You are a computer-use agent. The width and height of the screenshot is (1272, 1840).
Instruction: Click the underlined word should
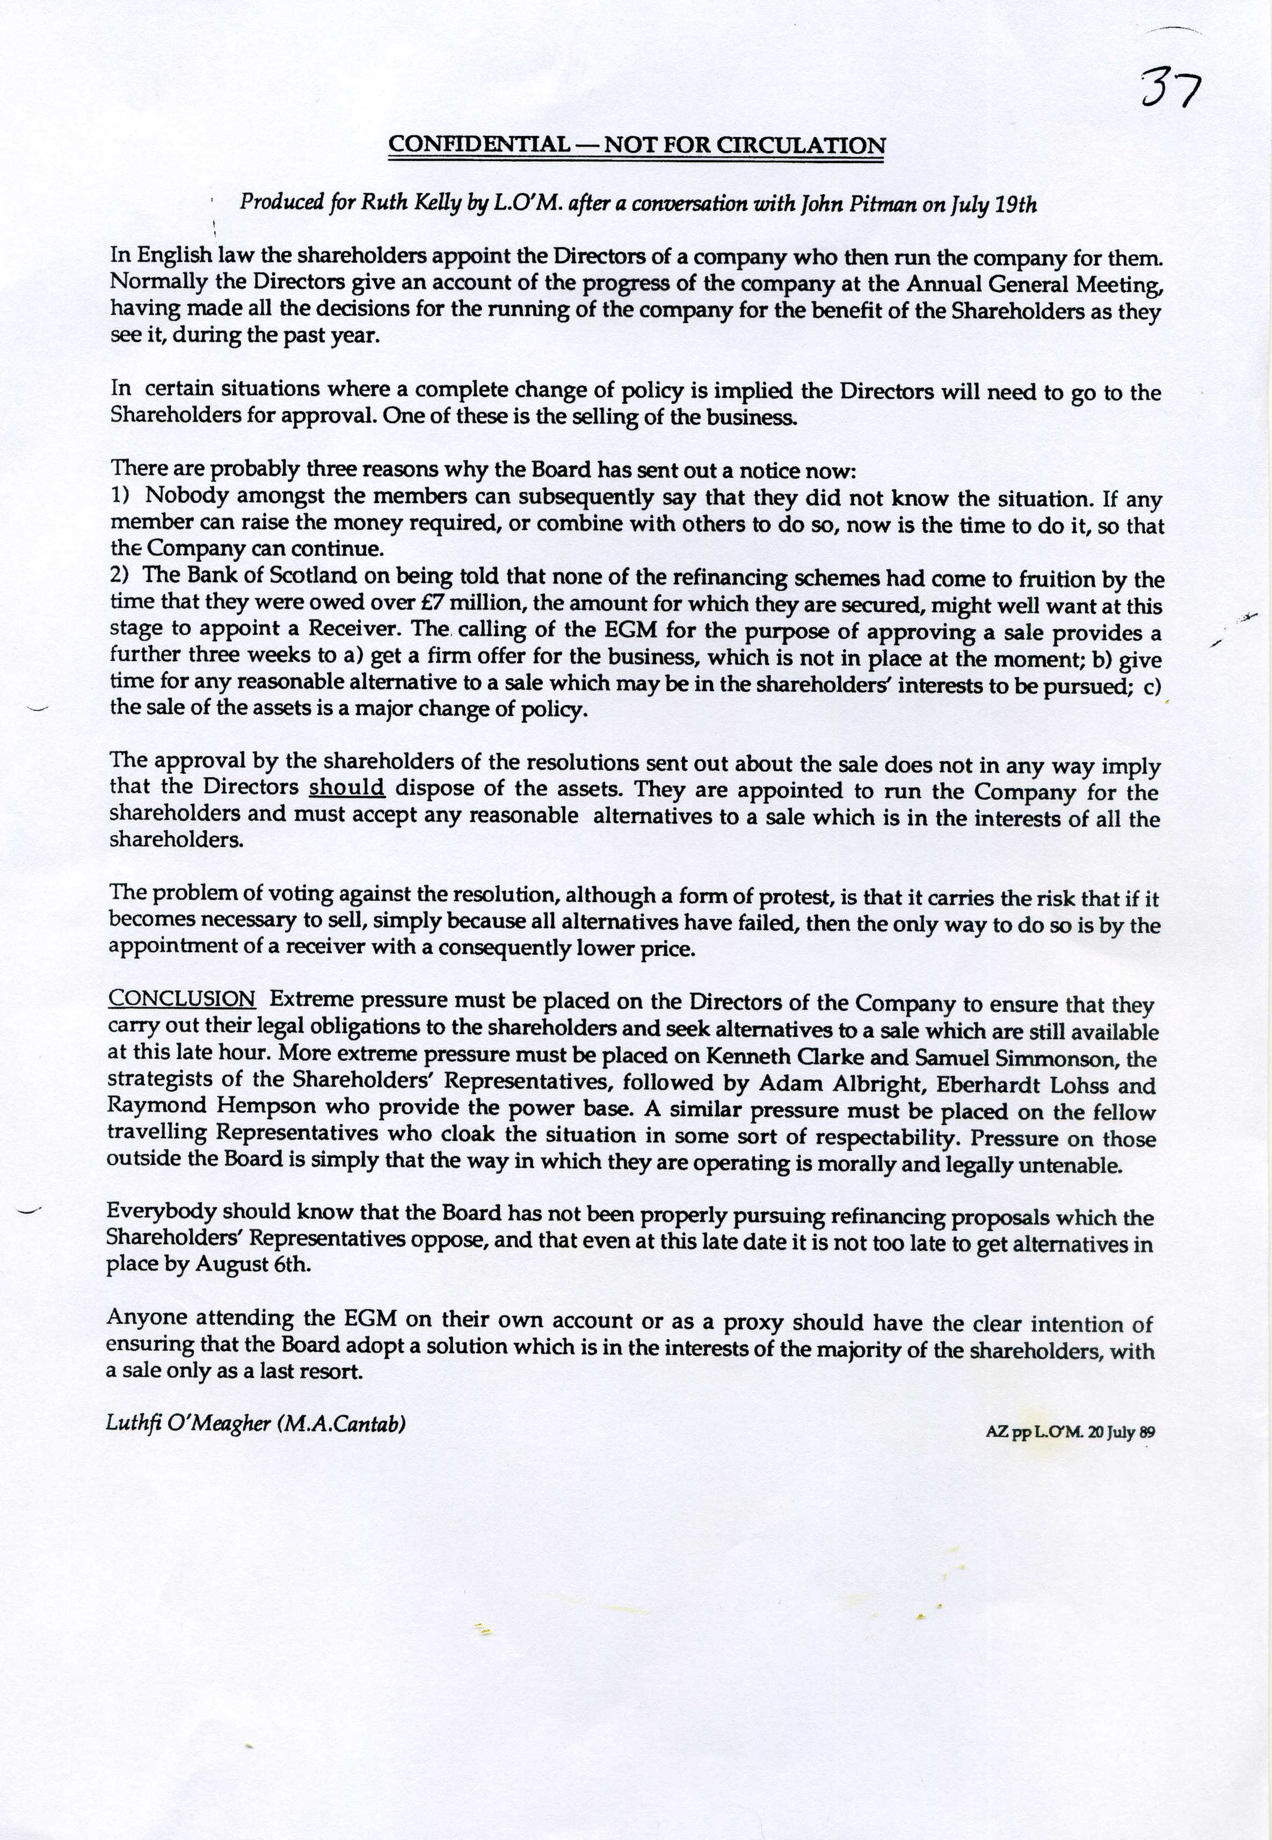(347, 788)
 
